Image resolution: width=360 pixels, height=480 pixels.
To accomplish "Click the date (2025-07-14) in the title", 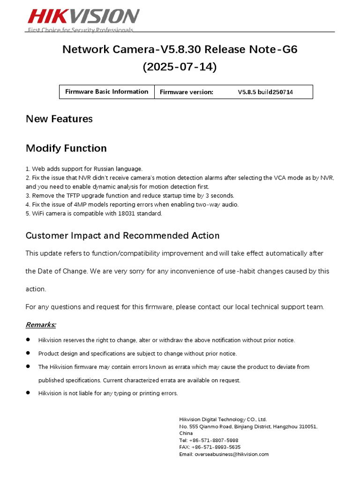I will (x=180, y=67).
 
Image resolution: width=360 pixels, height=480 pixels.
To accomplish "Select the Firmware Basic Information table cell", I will (x=106, y=92).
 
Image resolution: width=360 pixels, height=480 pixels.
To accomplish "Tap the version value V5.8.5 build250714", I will (x=265, y=92).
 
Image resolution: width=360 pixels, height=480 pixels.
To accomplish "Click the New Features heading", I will (x=59, y=119).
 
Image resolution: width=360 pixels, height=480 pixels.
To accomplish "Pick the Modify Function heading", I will (x=66, y=149).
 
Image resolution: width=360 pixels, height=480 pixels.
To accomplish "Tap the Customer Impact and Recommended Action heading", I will (x=122, y=235).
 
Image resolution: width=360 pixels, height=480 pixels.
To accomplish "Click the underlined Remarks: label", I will (x=41, y=324).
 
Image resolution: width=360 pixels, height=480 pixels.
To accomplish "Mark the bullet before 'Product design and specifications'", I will (x=28, y=353).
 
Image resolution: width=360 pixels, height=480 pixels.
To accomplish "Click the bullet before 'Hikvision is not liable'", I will (x=28, y=393).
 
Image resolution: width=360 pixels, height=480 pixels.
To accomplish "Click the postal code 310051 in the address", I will (x=307, y=427).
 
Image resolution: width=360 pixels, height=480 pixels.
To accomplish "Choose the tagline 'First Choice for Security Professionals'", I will (x=81, y=30).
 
